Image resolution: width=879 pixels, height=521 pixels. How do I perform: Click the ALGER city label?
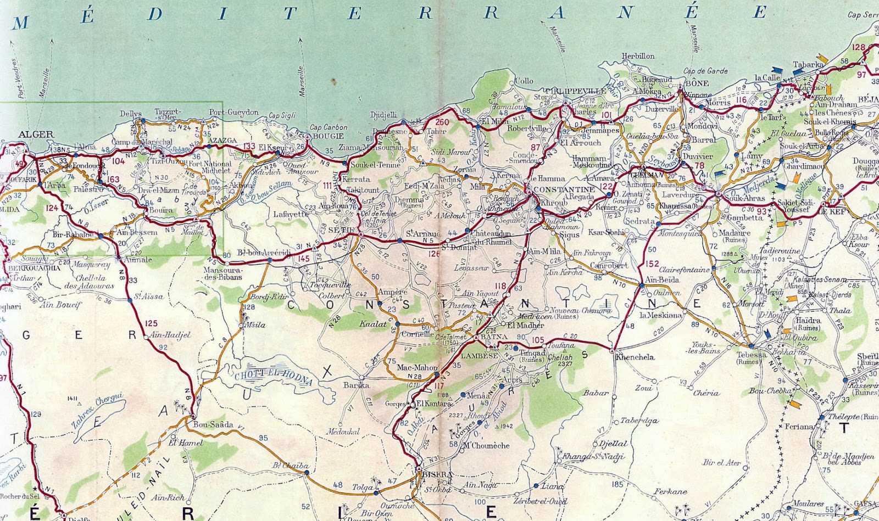click(x=36, y=135)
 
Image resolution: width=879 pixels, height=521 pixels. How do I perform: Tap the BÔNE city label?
click(x=696, y=83)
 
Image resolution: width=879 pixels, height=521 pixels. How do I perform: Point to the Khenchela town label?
click(x=635, y=357)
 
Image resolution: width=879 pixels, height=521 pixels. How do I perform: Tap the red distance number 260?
click(x=443, y=122)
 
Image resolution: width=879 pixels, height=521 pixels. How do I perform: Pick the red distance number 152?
click(x=653, y=264)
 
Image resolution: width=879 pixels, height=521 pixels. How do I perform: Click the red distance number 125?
click(x=152, y=323)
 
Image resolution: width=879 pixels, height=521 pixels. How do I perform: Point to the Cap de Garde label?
click(x=705, y=71)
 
